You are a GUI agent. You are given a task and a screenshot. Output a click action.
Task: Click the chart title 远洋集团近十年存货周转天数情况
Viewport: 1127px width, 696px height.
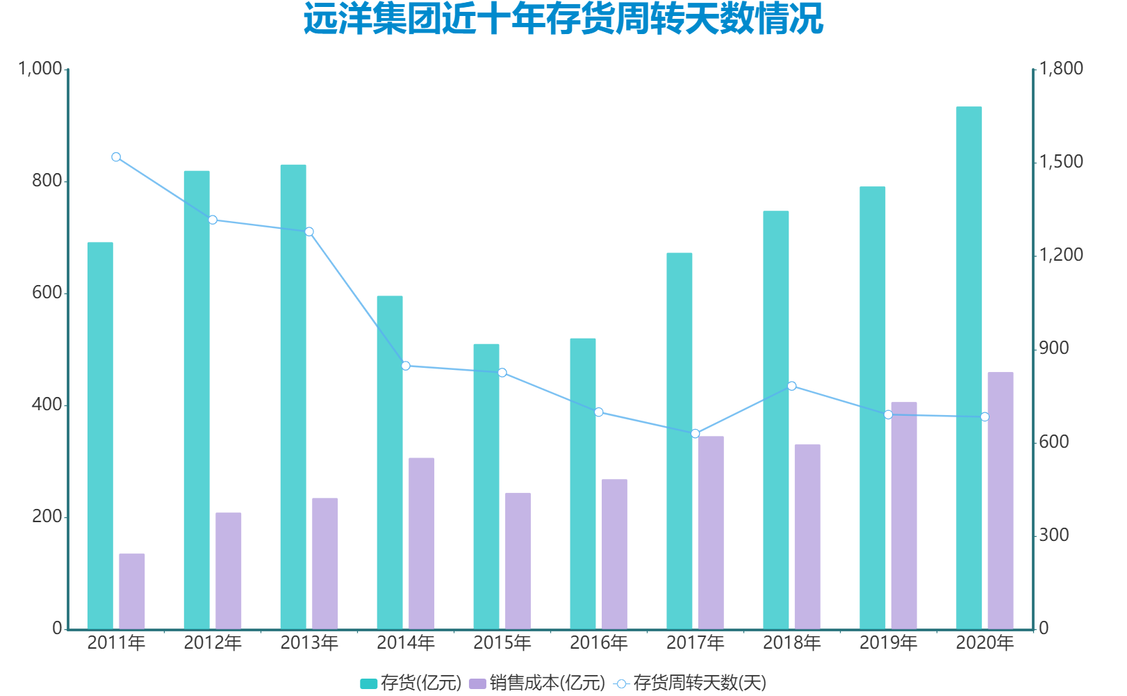[x=563, y=19]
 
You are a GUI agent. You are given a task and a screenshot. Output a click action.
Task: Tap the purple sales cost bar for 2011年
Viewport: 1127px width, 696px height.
[x=132, y=591]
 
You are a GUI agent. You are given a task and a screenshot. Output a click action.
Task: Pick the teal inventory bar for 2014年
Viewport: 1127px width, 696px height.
[x=390, y=462]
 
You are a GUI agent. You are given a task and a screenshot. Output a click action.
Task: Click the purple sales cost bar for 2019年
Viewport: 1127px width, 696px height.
[x=904, y=515]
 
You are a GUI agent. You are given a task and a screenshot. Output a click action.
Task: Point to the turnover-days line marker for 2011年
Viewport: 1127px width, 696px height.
[x=116, y=157]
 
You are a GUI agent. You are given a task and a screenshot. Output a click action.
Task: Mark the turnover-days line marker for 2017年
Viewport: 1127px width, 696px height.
[x=696, y=434]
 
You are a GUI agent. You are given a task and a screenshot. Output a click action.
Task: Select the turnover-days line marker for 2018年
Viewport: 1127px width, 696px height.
[x=792, y=386]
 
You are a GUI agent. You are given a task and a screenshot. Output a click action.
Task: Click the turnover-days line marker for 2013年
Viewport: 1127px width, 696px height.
[x=309, y=232]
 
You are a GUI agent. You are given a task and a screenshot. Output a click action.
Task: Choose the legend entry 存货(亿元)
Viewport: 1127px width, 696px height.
[x=411, y=683]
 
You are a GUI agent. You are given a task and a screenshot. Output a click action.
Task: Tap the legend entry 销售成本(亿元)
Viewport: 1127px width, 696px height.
[x=537, y=683]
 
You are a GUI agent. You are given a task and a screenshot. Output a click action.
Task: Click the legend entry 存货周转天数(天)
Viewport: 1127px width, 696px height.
[x=691, y=683]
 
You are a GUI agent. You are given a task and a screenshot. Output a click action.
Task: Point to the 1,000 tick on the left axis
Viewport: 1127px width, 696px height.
[x=40, y=69]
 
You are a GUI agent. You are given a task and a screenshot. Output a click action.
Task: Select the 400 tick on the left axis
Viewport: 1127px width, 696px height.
[x=47, y=405]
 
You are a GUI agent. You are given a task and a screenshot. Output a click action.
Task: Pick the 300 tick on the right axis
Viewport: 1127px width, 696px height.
[x=1054, y=535]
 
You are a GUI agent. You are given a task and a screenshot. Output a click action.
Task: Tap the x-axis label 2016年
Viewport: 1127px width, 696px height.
[x=599, y=643]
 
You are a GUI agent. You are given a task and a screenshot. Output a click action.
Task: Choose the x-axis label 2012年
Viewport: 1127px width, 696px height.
[x=213, y=643]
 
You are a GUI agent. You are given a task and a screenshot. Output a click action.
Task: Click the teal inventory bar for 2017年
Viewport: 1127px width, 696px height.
[x=680, y=441]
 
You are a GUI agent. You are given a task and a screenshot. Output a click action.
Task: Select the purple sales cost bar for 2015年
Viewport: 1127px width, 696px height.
[x=518, y=561]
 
